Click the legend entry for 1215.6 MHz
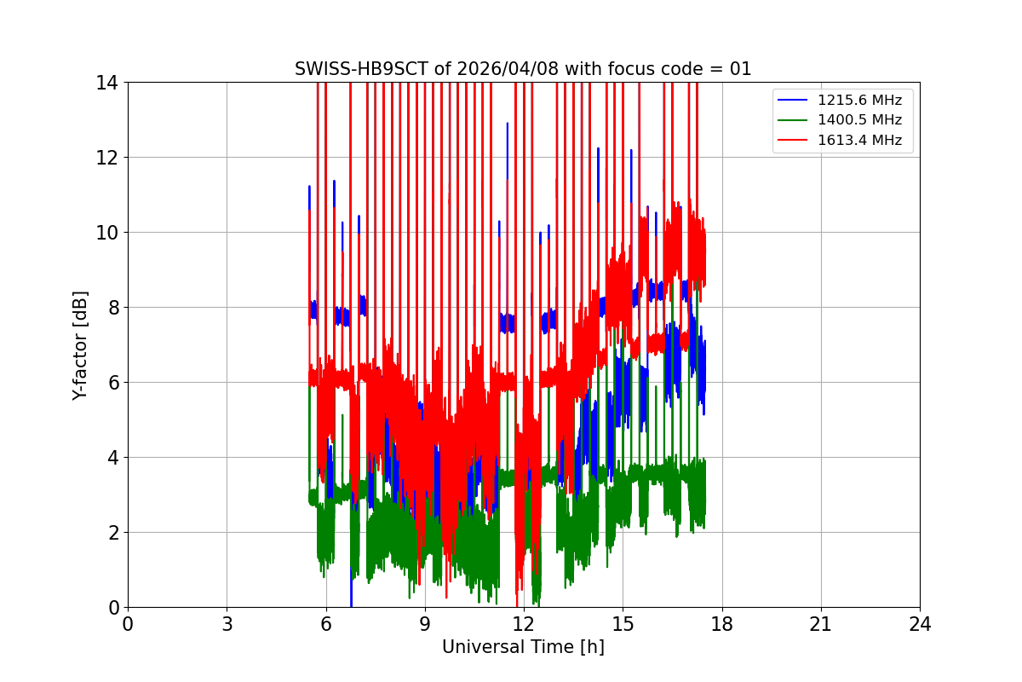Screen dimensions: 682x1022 pyautogui.click(x=861, y=100)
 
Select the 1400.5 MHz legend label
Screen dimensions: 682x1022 pyautogui.click(x=861, y=120)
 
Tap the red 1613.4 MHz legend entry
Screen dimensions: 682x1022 pyautogui.click(x=861, y=140)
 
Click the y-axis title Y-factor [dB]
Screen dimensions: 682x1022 pyautogui.click(x=80, y=344)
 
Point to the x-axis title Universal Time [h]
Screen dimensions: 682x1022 pyautogui.click(x=523, y=647)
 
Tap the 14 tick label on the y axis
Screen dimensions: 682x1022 pyautogui.click(x=107, y=83)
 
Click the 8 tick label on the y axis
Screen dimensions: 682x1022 pyautogui.click(x=112, y=308)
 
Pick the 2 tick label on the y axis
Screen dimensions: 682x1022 pyautogui.click(x=112, y=533)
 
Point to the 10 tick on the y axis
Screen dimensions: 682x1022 pyautogui.click(x=107, y=233)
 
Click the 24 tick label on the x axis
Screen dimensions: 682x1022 pyautogui.click(x=920, y=624)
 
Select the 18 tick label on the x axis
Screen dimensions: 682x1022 pyautogui.click(x=721, y=624)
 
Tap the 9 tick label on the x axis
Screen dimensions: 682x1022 pyautogui.click(x=424, y=624)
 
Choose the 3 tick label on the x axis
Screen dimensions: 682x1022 pyautogui.click(x=227, y=624)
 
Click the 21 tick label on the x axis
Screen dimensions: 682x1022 pyautogui.click(x=820, y=624)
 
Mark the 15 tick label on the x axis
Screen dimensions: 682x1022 pyautogui.click(x=623, y=624)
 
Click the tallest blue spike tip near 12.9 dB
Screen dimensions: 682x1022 pyautogui.click(x=508, y=124)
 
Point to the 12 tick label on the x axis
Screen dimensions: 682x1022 pyautogui.click(x=524, y=624)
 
